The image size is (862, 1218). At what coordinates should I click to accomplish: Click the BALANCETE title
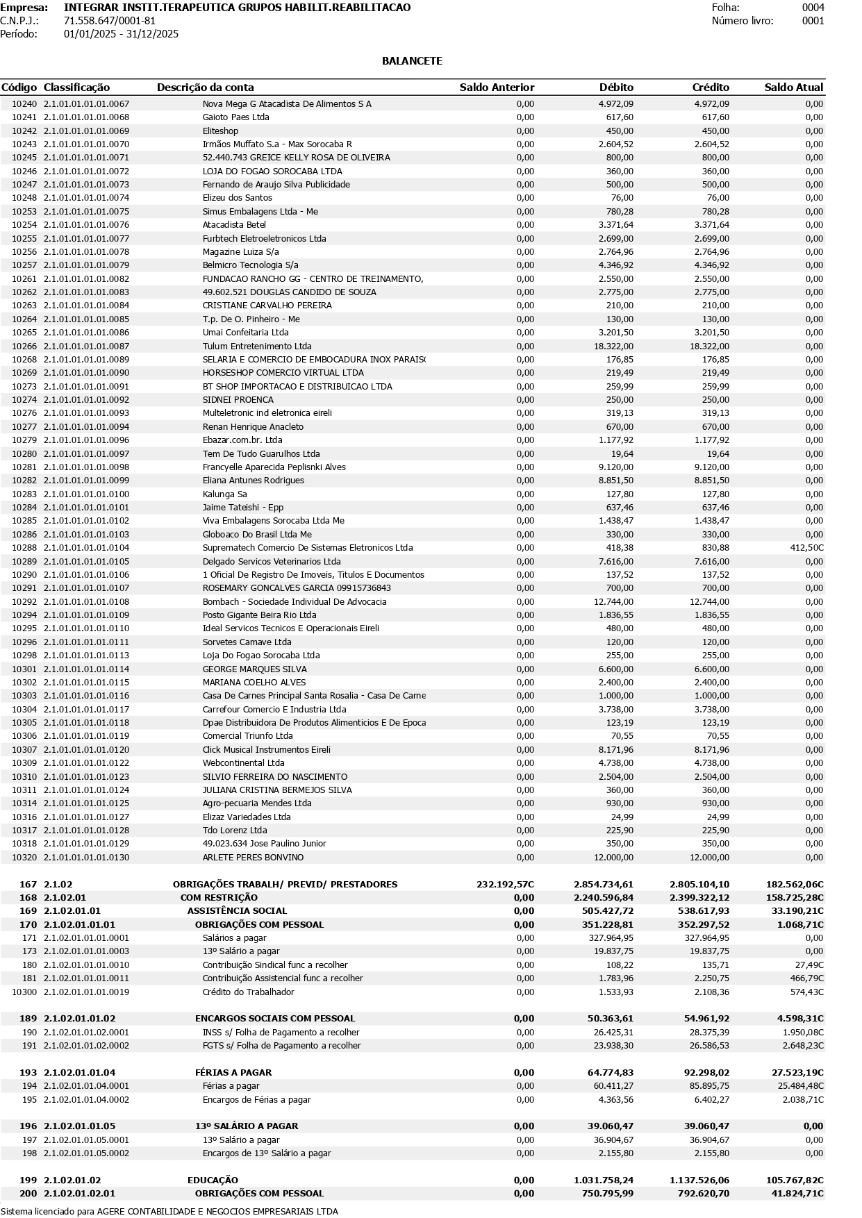412,61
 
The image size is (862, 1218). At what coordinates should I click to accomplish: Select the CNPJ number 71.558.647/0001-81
110,21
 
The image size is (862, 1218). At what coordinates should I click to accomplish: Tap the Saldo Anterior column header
497,87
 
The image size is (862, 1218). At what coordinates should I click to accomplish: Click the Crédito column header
711,87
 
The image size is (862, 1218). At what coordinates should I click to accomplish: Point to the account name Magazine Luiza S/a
240,252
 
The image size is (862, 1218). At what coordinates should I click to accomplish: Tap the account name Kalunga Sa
224,494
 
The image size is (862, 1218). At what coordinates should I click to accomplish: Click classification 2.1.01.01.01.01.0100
86,494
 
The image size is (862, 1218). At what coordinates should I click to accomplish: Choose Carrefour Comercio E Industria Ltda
274,710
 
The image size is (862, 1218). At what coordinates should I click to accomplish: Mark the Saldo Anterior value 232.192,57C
505,885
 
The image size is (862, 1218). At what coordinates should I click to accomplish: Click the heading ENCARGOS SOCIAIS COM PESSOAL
274,1019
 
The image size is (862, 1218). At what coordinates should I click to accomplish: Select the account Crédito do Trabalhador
248,992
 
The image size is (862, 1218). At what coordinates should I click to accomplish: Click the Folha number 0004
813,8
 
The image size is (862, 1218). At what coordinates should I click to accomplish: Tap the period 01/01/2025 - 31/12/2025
121,34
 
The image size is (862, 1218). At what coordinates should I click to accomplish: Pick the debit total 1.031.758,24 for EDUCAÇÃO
603,1181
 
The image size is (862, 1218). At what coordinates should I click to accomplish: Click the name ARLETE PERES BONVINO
253,858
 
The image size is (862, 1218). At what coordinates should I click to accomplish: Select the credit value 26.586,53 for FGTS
709,1046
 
